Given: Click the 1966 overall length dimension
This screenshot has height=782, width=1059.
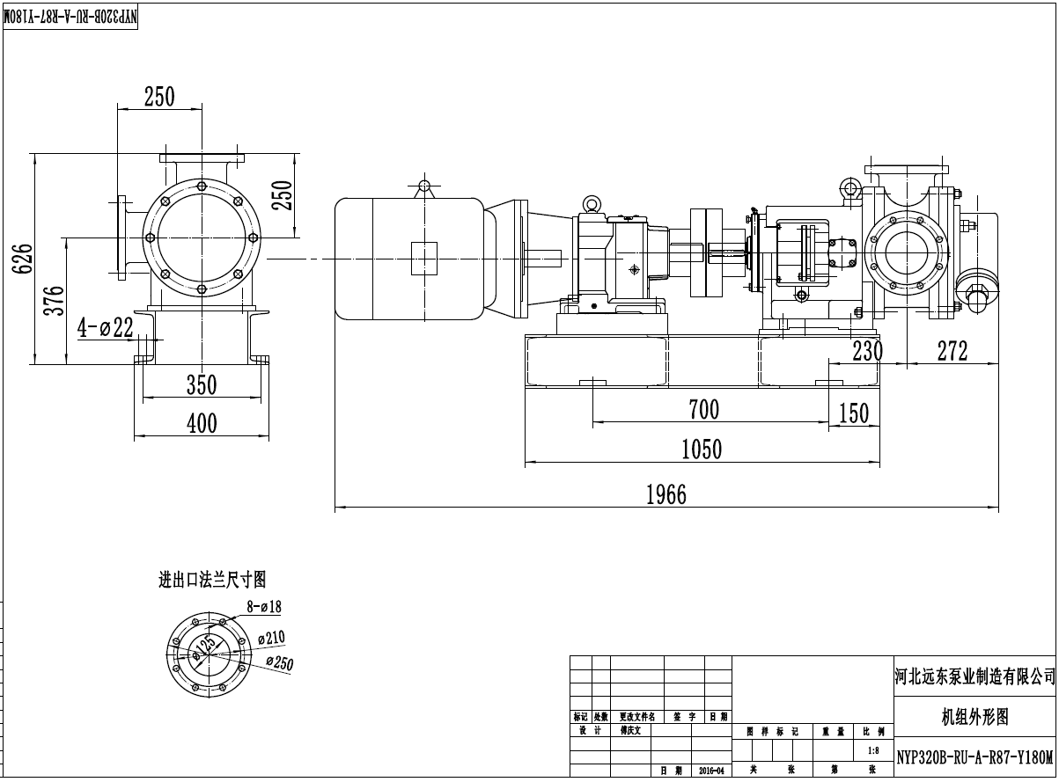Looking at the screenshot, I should (666, 494).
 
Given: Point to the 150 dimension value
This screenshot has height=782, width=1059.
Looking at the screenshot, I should (853, 413).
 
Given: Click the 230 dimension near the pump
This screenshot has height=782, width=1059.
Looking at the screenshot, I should (866, 351).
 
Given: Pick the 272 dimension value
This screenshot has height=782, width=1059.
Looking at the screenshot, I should (952, 351).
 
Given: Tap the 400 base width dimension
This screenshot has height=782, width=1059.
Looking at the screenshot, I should (202, 423).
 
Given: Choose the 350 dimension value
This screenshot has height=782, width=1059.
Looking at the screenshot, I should (201, 384).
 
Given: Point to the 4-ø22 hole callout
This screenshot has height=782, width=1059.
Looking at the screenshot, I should (104, 328).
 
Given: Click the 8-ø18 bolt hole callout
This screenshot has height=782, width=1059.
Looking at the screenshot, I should (263, 606).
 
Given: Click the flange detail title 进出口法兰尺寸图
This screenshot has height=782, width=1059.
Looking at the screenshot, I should (211, 580).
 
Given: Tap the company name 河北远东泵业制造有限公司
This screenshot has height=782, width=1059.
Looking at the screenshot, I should (974, 676).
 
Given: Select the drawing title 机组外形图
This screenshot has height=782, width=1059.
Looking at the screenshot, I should (974, 717).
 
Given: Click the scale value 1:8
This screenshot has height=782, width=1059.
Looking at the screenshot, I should (873, 750).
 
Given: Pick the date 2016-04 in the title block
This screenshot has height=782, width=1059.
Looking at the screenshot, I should (711, 771).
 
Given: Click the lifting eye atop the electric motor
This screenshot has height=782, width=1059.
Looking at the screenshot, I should (424, 186).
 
